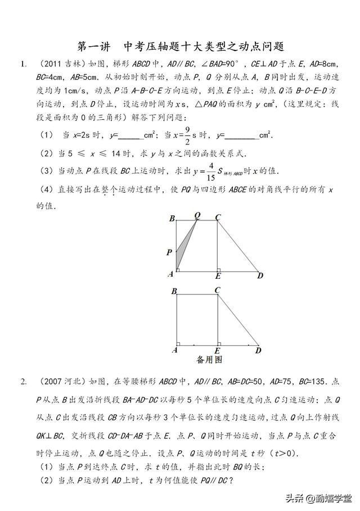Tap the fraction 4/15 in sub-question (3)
pos(211,170)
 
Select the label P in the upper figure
pos(169,253)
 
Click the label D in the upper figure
pos(260,275)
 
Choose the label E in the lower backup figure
pos(217,351)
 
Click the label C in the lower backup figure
pos(217,290)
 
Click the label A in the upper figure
pos(170,274)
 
